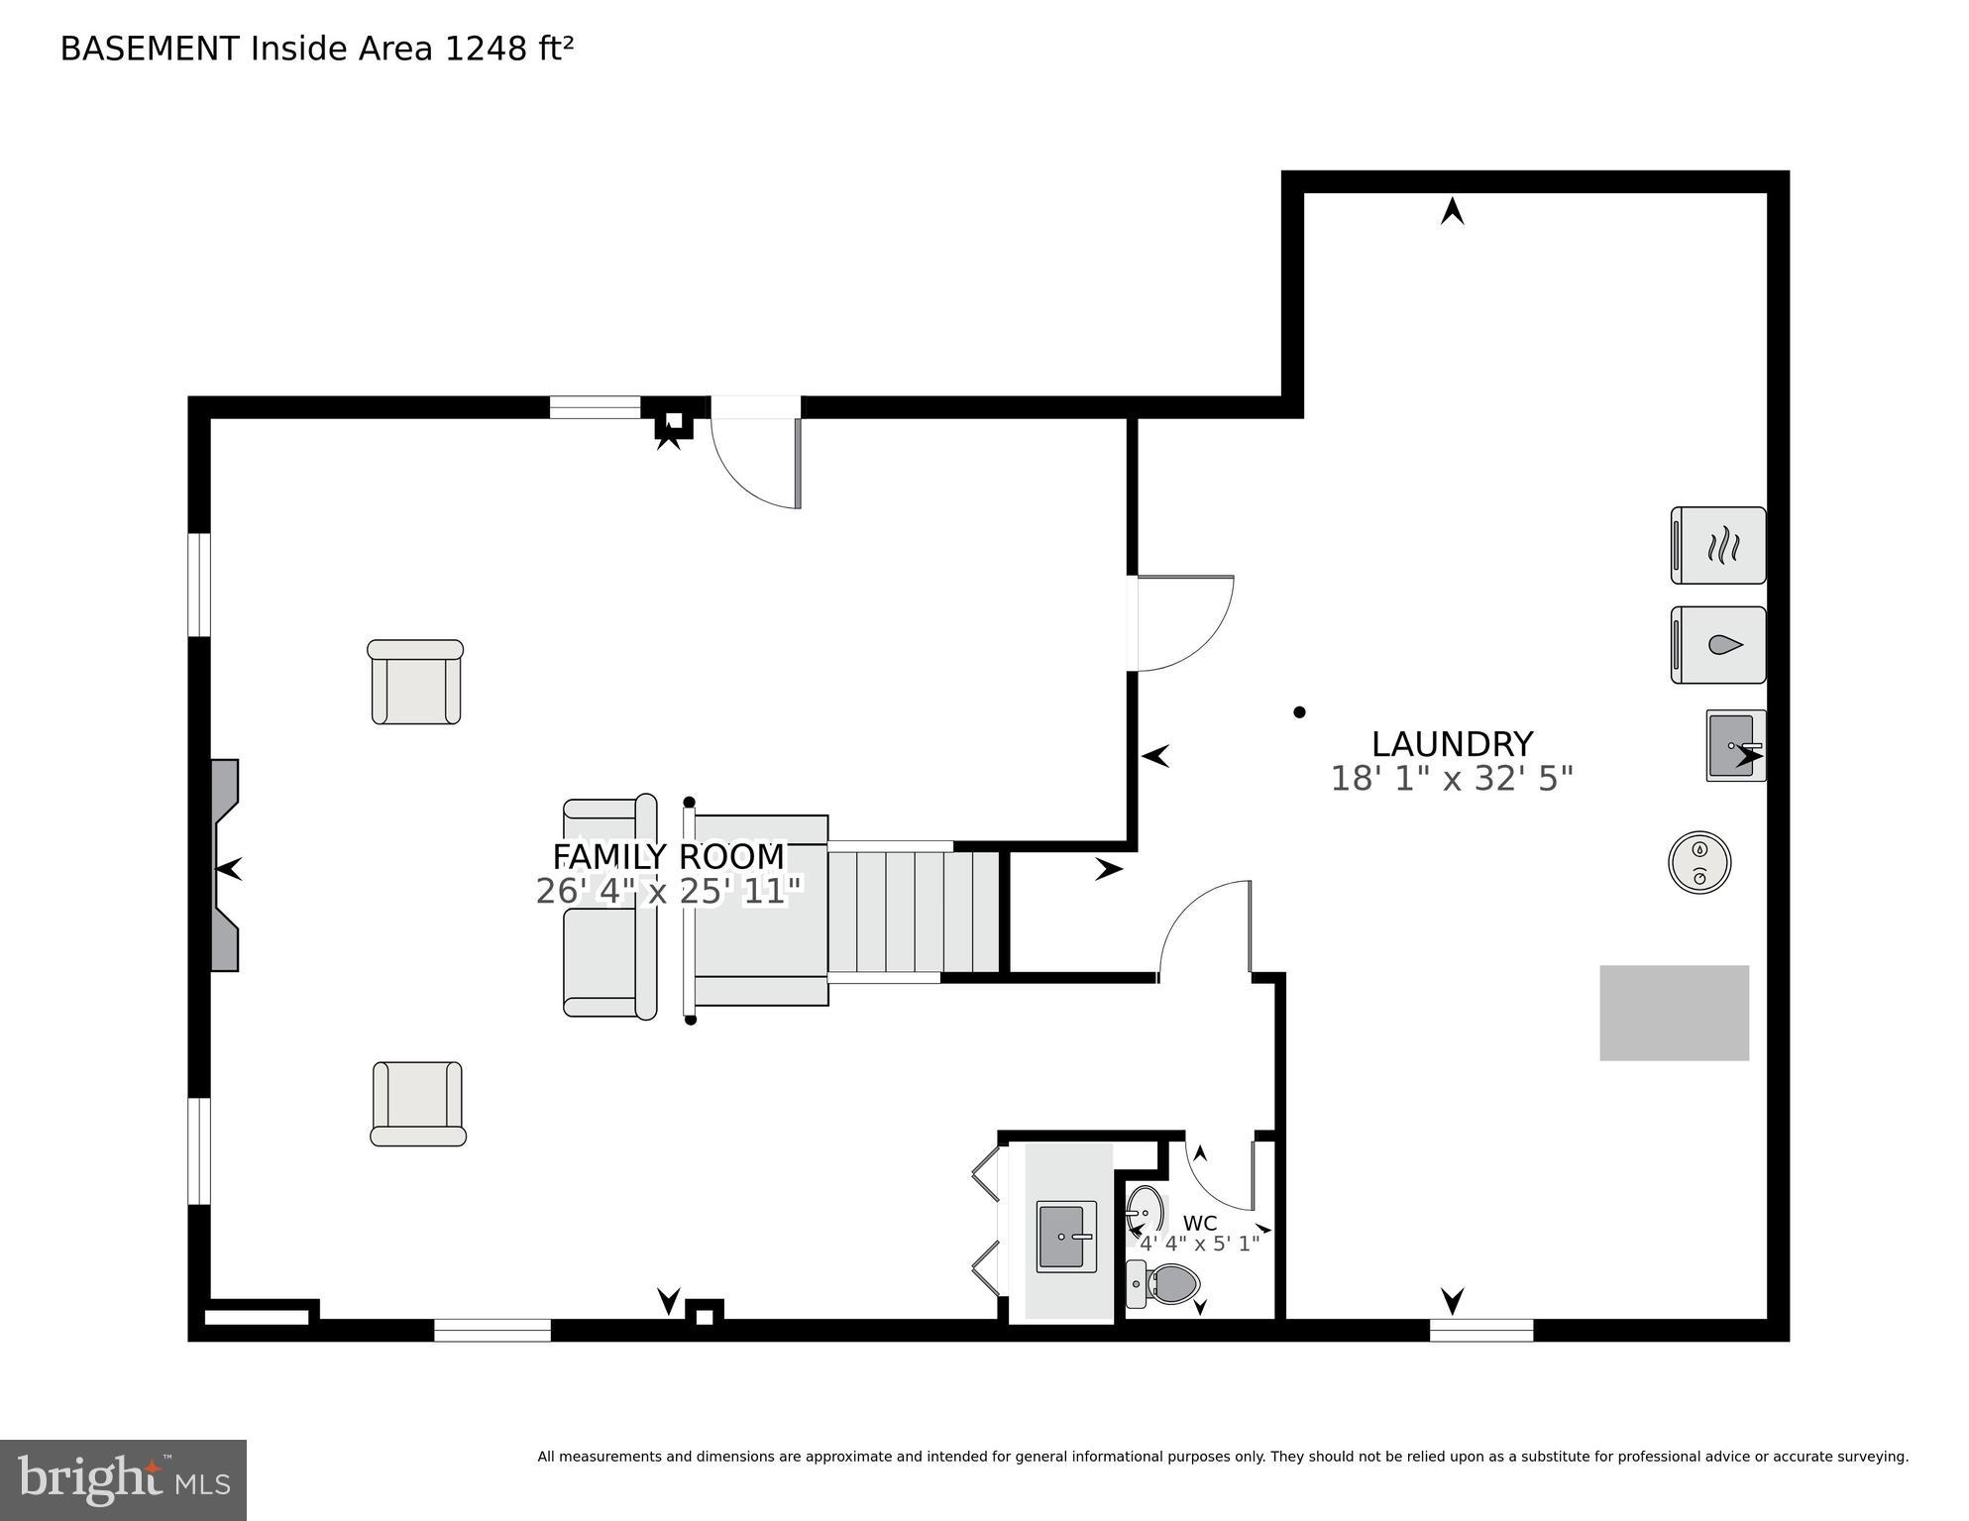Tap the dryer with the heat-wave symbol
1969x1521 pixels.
[1718, 545]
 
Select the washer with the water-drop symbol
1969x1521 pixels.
[1718, 645]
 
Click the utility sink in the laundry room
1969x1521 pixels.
[1734, 745]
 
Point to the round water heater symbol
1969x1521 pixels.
[1699, 862]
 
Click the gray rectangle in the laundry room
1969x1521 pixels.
[1674, 1013]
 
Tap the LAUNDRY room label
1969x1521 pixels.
[1452, 743]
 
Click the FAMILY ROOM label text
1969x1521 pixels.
[668, 856]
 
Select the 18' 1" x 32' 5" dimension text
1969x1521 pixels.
[1452, 779]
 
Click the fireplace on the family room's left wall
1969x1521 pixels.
[224, 864]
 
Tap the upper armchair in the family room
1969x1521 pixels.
[416, 682]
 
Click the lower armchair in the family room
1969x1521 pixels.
[417, 1104]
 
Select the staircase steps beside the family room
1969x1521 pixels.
[913, 912]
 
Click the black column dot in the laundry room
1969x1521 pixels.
[1299, 711]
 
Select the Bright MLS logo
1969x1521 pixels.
[123, 1479]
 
